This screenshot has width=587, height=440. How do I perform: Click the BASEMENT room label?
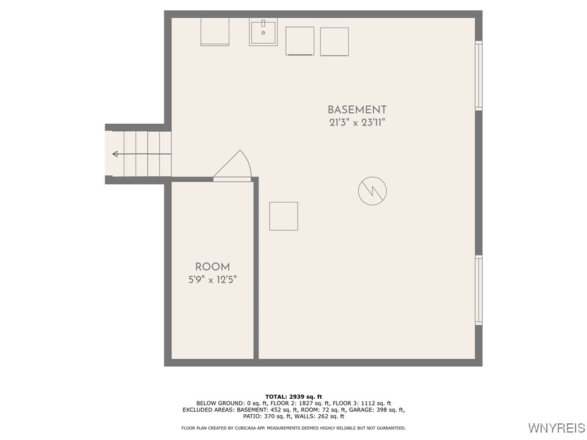click(x=357, y=109)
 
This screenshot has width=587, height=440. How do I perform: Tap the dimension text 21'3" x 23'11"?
click(x=357, y=123)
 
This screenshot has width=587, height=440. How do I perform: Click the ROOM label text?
click(x=213, y=267)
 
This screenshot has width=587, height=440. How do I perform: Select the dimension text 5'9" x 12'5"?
click(x=213, y=280)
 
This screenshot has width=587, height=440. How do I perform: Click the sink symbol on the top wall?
click(x=263, y=32)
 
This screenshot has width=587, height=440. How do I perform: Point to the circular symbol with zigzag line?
click(x=373, y=191)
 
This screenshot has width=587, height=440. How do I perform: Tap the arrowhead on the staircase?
click(x=116, y=154)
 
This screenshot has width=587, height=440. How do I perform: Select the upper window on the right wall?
click(x=479, y=75)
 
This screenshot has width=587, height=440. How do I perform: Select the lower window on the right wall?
click(x=479, y=290)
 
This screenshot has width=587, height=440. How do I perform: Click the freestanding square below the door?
click(x=284, y=216)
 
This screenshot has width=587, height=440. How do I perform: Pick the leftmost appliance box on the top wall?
click(x=215, y=32)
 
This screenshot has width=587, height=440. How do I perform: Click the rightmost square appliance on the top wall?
click(x=334, y=42)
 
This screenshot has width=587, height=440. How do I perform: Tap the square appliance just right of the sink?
click(x=300, y=41)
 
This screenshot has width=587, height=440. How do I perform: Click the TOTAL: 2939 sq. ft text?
click(x=293, y=396)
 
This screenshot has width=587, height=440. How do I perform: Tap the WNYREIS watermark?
click(x=556, y=428)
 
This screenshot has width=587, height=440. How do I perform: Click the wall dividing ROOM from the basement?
click(x=256, y=269)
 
